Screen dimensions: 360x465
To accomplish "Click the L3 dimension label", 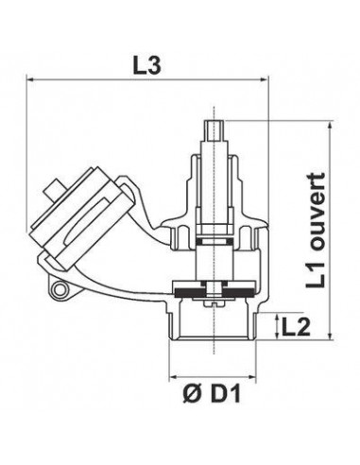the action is click(147, 66).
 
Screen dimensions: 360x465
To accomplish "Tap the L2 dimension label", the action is click(296, 326).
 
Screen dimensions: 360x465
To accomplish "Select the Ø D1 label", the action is click(212, 394).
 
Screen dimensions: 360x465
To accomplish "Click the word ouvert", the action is click(316, 212).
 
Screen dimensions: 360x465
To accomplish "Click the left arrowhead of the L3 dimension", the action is click(30, 80).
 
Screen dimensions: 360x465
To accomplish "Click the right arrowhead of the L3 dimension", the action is click(265, 80).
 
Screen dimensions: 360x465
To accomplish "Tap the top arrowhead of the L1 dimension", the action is click(330, 126).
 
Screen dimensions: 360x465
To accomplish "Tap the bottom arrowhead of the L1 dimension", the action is click(330, 336).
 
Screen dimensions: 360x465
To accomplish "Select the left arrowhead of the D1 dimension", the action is click(174, 376).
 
